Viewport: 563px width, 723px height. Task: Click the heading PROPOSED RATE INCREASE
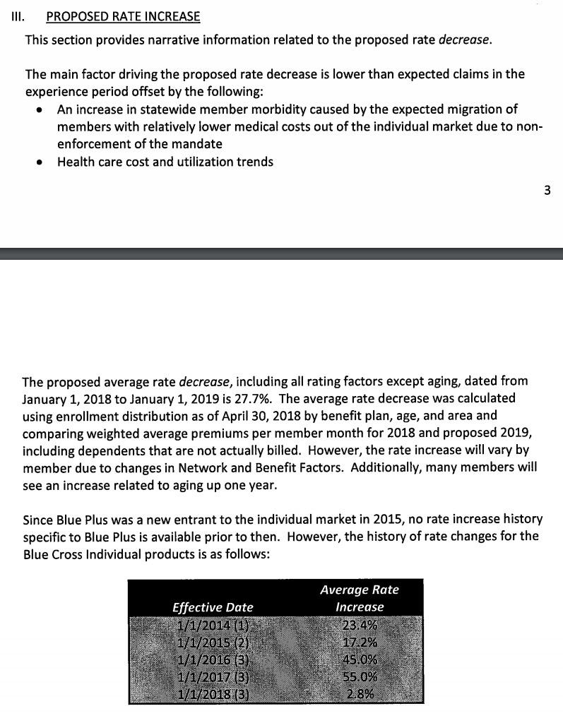coord(123,16)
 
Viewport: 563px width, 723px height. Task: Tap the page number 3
coord(547,189)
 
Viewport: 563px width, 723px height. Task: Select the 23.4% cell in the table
coord(360,626)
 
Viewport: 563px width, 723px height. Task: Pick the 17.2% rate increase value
coord(360,643)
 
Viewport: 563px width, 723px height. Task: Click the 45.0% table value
coord(360,659)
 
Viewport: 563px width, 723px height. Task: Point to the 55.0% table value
coord(360,676)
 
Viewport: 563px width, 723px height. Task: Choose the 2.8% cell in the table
coord(360,693)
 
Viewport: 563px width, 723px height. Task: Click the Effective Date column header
coord(213,607)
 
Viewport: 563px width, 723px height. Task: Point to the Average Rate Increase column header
coord(360,598)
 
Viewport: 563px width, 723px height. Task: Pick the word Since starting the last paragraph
coord(39,520)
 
